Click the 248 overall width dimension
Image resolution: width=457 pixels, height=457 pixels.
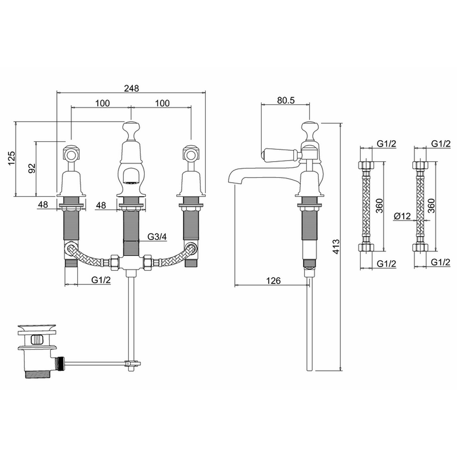click(132, 88)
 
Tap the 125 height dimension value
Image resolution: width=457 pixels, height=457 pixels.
click(11, 158)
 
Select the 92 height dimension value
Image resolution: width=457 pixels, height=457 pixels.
click(32, 168)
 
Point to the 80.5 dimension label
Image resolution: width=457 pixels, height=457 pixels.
click(286, 100)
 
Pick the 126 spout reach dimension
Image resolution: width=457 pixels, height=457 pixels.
click(273, 280)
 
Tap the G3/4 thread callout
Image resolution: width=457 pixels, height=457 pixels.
click(157, 237)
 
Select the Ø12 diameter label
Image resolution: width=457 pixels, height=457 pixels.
click(402, 216)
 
